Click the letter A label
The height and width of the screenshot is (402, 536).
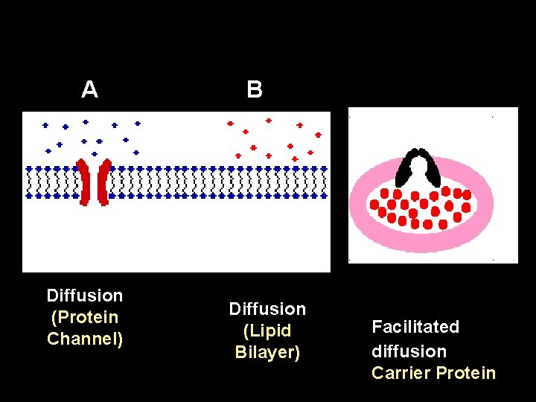(89, 90)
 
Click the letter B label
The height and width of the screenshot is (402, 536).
(255, 90)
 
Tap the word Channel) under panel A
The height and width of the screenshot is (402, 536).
(85, 339)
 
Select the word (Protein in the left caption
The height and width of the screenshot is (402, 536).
(85, 317)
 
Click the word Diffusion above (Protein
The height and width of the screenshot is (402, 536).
(85, 296)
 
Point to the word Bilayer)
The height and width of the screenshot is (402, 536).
(267, 352)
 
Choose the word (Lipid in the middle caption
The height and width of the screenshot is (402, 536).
(267, 331)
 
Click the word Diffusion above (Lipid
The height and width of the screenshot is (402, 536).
(267, 308)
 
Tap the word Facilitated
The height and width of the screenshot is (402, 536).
(415, 327)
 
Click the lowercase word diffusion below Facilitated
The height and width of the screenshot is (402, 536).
(409, 351)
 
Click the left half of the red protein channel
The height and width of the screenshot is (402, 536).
(86, 181)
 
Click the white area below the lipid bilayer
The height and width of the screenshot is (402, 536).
(176, 238)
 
